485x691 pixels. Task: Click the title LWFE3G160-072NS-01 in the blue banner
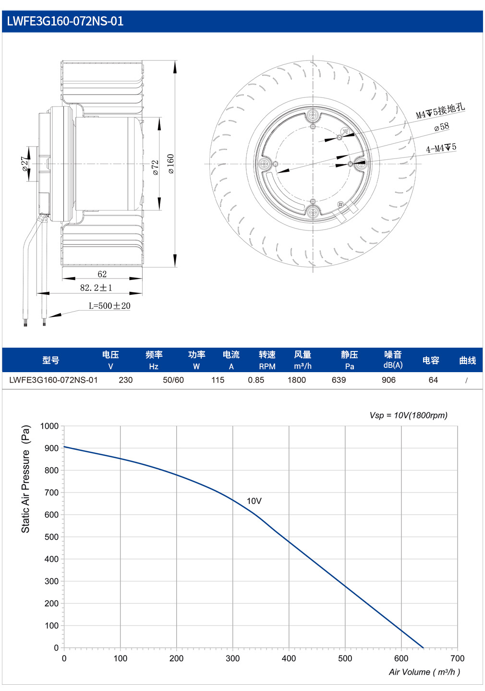[x=65, y=21]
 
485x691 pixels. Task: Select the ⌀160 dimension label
[x=171, y=164]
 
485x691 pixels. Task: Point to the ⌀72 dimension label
[x=155, y=168]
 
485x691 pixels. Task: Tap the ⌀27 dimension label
[x=24, y=164]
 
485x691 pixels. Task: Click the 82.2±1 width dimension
[x=96, y=288]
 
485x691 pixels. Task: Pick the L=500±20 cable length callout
[x=109, y=306]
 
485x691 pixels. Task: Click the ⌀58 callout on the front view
[x=441, y=127]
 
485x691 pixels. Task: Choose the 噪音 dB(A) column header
[x=393, y=360]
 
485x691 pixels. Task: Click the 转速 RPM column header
[x=267, y=360]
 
